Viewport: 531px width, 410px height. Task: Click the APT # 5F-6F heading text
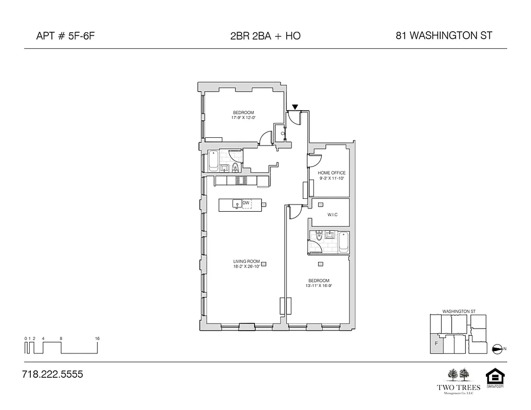66,36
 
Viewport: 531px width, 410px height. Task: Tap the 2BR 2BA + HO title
265,36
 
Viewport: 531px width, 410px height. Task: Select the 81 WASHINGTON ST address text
444,35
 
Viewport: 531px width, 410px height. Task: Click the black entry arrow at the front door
294,107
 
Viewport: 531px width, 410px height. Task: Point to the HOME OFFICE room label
331,173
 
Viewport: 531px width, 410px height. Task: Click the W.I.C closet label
331,215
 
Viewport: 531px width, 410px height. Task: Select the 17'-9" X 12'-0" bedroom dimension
243,118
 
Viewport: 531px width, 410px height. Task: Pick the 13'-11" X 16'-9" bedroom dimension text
319,286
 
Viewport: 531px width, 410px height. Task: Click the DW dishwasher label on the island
246,203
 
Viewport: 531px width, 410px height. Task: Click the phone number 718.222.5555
53,375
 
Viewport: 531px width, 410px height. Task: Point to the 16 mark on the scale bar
97,339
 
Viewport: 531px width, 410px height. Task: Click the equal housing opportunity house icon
495,377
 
